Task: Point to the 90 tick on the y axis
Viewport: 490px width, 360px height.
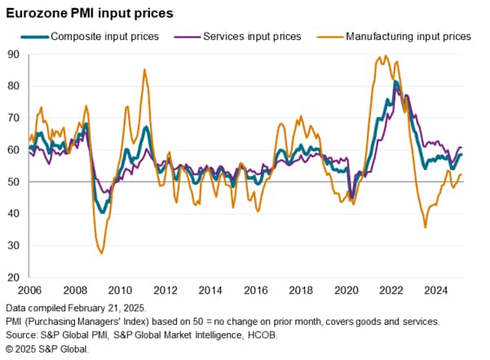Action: click(x=14, y=55)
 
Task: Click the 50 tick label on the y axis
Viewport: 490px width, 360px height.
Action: click(x=14, y=182)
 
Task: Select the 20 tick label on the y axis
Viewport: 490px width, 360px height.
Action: click(x=14, y=278)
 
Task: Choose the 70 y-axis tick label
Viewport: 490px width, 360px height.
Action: click(x=14, y=118)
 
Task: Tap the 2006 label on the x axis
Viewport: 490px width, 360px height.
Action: click(x=29, y=291)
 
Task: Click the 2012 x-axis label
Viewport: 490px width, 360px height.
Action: click(x=166, y=291)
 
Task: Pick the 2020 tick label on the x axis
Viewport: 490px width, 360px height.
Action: click(x=347, y=291)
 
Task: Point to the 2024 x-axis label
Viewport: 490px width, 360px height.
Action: click(x=439, y=291)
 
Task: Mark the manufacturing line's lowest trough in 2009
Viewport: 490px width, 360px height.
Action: click(x=102, y=252)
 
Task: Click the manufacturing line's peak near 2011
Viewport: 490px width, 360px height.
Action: click(x=144, y=70)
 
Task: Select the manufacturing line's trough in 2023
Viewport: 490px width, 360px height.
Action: click(x=425, y=227)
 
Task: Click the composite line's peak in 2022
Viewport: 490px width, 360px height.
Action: click(x=395, y=81)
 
